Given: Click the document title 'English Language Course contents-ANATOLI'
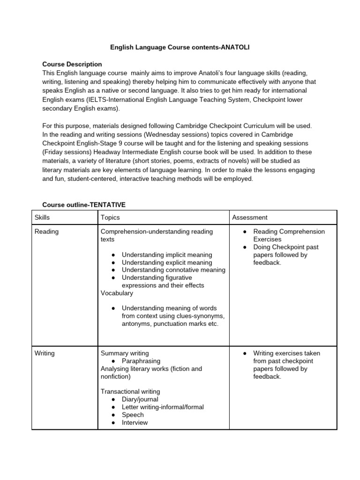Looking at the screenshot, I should pos(180,47).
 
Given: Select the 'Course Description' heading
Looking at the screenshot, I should pos(72,64).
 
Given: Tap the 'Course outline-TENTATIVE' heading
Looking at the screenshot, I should pos(84,205).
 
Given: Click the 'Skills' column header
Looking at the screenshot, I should pos(42,217).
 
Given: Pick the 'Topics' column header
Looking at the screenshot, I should pos(110,217).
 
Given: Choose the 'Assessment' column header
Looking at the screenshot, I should pos(250,217).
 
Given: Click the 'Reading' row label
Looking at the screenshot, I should pos(47,232).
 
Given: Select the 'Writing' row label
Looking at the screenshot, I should pos(45,353).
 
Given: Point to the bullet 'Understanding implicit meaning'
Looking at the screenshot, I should pos(167,255).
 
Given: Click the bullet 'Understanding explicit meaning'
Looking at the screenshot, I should pos(167,262).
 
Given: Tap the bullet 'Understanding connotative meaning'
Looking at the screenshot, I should pos(173,270).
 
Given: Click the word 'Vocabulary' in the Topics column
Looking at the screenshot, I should pos(117,293).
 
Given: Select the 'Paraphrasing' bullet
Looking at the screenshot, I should pos(141,361).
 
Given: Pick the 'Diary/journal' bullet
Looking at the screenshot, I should pos(140,399).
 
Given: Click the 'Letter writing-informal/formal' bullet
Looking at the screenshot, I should pos(163,407).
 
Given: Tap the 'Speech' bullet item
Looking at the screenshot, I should pos(133,415).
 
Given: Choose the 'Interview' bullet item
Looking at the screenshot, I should pos(135,422).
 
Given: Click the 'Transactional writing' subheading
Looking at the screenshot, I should pos(130,391).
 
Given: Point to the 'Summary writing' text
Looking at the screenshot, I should pos(125,353).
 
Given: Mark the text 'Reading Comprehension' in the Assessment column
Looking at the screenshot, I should pos(289,232).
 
